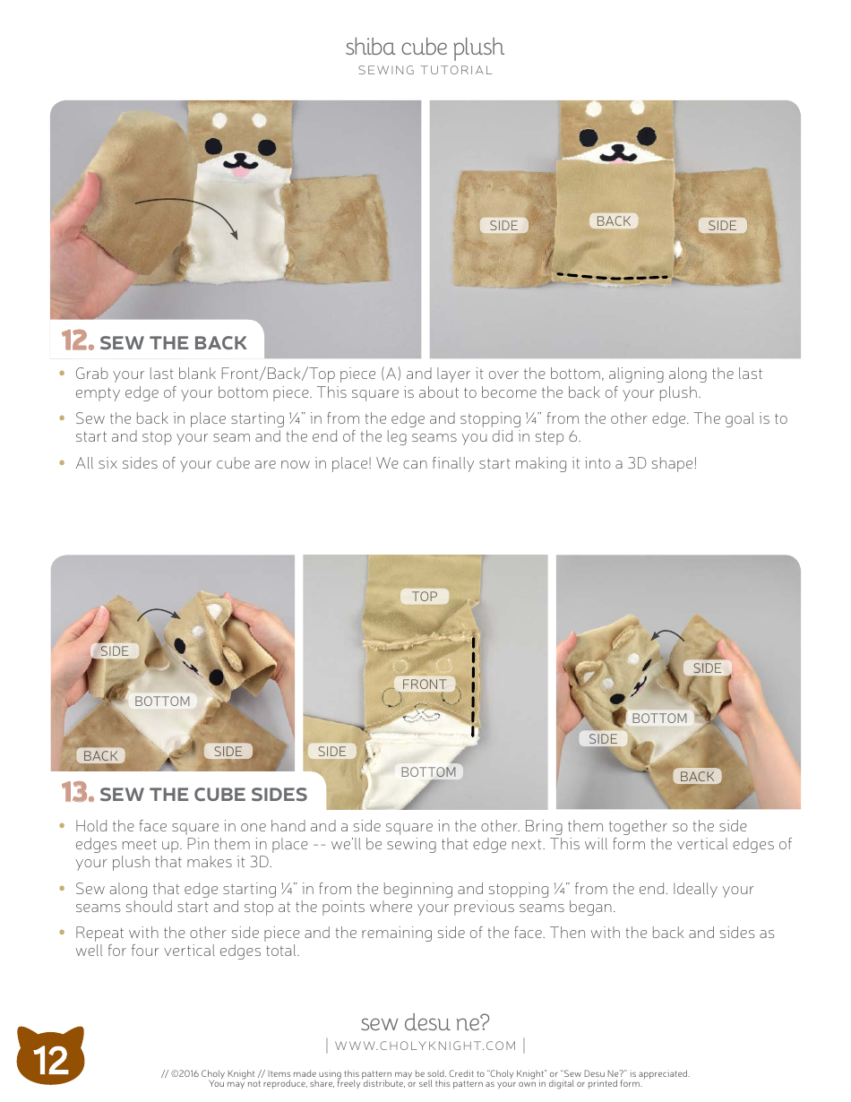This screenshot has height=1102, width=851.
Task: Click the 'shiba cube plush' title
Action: coord(425,47)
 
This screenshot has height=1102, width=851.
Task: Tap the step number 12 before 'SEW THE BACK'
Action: coord(77,341)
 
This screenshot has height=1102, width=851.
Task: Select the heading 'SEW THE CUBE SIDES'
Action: coord(203,795)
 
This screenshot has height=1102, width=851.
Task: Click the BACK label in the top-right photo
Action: coord(614,221)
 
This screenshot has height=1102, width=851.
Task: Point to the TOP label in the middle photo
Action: coord(425,596)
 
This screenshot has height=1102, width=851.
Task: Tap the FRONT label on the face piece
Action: coord(424,684)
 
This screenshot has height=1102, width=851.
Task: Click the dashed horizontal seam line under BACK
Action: coord(613,277)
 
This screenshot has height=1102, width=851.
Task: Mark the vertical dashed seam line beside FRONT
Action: coord(473,685)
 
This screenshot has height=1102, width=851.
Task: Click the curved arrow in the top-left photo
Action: coord(188,216)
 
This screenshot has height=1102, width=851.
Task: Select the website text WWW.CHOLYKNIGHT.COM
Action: coord(425,1046)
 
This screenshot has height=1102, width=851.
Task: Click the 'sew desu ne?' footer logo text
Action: coord(425,1022)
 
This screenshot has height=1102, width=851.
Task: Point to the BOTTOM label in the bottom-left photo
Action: coord(162,702)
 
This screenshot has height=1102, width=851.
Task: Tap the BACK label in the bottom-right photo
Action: coord(697,776)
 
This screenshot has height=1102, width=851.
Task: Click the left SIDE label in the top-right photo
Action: coord(503,226)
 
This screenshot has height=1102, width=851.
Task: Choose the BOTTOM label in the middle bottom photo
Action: coord(428,771)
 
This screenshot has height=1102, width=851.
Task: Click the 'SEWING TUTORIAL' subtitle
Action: coord(425,71)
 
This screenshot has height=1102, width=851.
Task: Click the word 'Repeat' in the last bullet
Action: coord(99,933)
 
